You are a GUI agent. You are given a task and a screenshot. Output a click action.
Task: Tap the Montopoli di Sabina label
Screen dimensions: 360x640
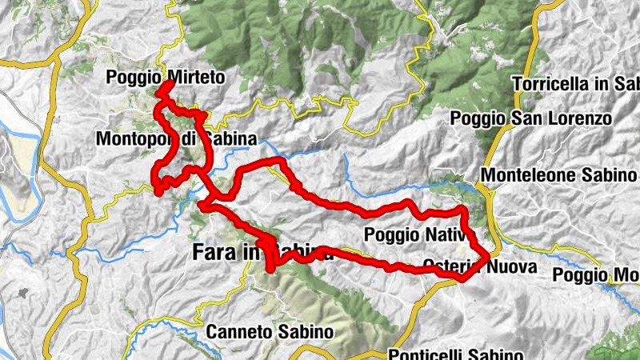click(x=176, y=139)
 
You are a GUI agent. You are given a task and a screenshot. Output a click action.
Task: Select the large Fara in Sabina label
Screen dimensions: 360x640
click(x=263, y=253)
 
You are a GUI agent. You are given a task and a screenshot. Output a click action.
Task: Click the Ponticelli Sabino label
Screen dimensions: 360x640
click(x=456, y=354)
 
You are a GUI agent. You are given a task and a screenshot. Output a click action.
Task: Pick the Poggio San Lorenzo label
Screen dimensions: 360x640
click(x=531, y=118)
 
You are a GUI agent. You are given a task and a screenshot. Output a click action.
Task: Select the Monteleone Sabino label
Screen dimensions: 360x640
click(x=560, y=175)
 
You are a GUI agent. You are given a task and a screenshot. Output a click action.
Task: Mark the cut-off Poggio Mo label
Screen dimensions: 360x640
click(x=596, y=275)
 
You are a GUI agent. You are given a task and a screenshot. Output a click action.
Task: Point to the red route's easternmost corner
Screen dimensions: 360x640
click(x=488, y=256)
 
